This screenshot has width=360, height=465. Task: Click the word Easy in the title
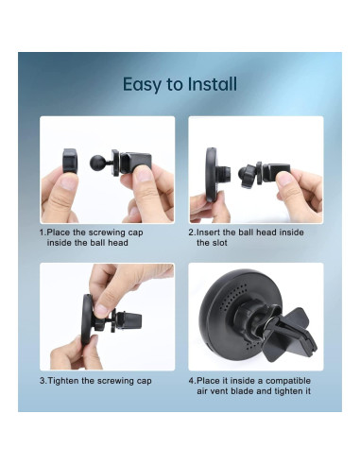coord(139,84)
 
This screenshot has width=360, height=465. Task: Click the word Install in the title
coord(211,84)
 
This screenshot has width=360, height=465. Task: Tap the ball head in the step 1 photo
coord(97,158)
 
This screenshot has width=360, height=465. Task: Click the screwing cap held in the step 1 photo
coord(68,164)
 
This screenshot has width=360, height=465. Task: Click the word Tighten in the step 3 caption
coord(67,380)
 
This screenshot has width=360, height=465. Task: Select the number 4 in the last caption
coord(191,380)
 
